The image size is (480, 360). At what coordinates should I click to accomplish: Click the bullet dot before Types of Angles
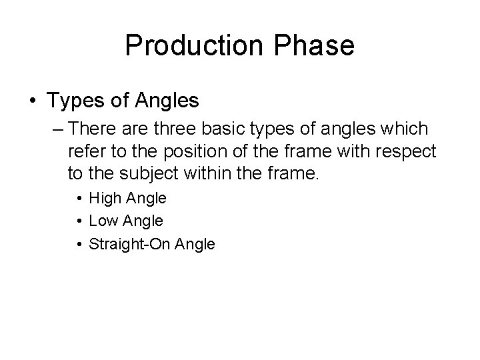click(33, 101)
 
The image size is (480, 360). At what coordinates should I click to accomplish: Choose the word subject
click(155, 175)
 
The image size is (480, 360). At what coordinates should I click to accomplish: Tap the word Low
click(103, 221)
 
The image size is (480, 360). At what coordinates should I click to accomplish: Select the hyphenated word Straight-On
click(130, 244)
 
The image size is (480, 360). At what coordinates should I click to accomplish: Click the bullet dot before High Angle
click(79, 198)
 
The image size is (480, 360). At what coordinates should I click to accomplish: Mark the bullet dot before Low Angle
click(79, 221)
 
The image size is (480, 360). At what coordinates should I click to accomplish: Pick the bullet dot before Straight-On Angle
click(79, 244)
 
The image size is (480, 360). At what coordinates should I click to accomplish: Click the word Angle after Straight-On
click(195, 245)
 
